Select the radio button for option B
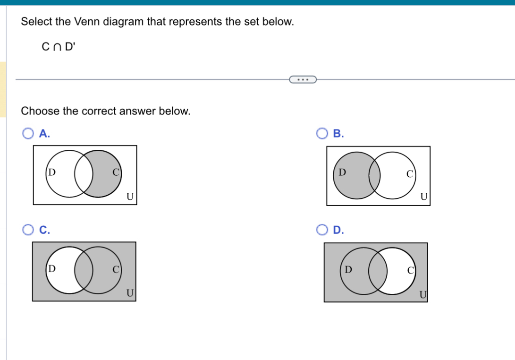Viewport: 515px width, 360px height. click(322, 134)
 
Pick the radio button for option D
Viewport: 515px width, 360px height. click(322, 230)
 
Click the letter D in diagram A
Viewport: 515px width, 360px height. click(52, 172)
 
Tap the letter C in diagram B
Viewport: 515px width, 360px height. click(410, 174)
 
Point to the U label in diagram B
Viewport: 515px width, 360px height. click(424, 197)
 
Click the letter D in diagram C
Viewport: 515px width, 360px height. click(52, 268)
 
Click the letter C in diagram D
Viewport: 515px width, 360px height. click(410, 271)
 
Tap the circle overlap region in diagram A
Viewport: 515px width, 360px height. click(84, 173)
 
